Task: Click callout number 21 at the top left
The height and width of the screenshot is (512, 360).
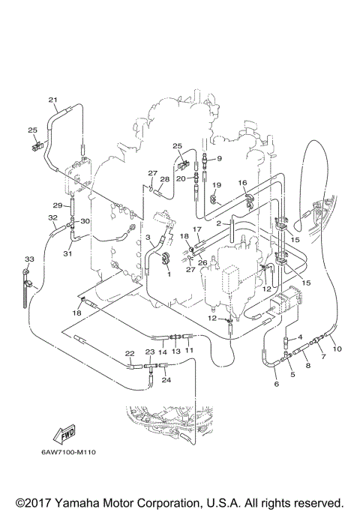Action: click(x=52, y=100)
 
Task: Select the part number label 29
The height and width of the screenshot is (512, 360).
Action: click(x=57, y=205)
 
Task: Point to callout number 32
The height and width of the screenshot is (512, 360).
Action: click(x=52, y=218)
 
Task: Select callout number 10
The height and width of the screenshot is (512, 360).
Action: click(x=337, y=349)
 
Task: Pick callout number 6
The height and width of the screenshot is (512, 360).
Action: click(x=275, y=385)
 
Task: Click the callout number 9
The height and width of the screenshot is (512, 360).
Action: click(x=219, y=158)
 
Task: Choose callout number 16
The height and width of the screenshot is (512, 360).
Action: click(x=242, y=182)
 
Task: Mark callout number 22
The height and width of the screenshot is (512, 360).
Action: click(x=129, y=353)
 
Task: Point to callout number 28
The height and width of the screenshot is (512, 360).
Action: click(x=165, y=180)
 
